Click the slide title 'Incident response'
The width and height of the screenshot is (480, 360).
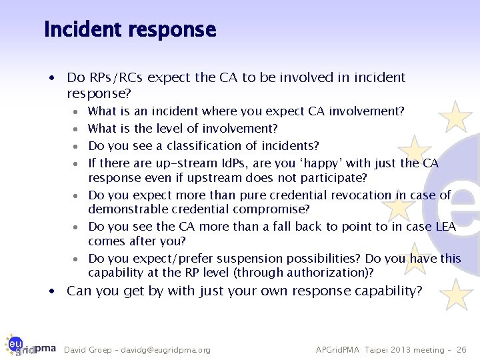130,30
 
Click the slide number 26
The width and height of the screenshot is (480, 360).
461,350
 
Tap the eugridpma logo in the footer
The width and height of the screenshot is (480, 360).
30,348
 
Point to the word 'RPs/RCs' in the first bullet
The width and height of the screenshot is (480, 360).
115,78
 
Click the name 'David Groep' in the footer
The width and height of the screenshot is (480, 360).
86,350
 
